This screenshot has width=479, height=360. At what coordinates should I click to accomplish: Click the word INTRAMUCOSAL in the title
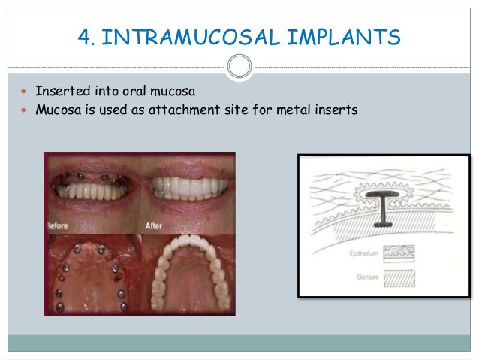[188, 36]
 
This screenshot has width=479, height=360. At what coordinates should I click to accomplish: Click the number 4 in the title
[83, 36]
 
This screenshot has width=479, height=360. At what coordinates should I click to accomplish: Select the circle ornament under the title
[239, 66]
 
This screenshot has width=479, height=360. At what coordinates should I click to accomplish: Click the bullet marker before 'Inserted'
[17, 92]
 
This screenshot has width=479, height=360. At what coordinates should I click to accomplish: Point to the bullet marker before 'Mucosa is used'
[17, 110]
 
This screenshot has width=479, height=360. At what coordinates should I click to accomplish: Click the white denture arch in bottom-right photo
[188, 263]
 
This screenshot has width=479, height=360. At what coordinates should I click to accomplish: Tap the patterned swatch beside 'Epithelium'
[402, 253]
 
